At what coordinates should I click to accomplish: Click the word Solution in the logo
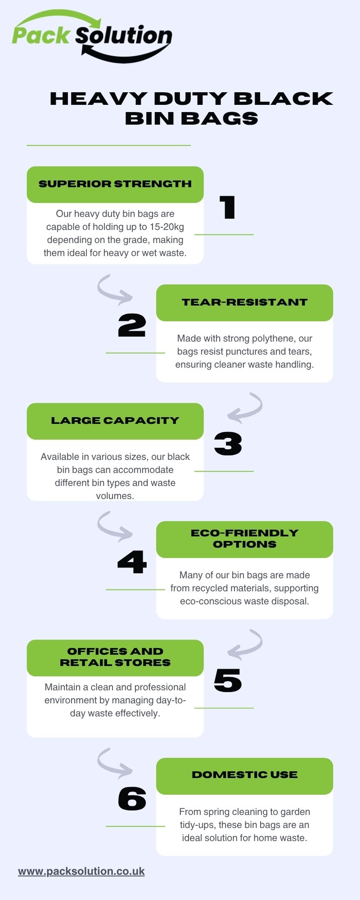click(x=124, y=36)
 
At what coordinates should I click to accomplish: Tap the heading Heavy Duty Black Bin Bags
click(x=191, y=108)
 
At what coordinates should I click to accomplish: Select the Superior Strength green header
click(x=115, y=184)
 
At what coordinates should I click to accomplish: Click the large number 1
click(x=228, y=207)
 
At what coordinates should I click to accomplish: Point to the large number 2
click(x=132, y=325)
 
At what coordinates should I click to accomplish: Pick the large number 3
click(x=228, y=444)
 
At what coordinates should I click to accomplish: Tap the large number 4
click(x=132, y=562)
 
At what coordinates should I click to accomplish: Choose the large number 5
click(x=228, y=680)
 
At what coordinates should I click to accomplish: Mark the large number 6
click(x=132, y=799)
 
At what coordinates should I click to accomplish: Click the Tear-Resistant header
click(x=244, y=302)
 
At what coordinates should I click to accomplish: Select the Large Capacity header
click(x=115, y=421)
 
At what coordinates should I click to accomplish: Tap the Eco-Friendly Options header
click(x=244, y=539)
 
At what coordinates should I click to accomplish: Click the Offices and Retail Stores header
click(x=115, y=657)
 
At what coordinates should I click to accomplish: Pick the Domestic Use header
click(x=244, y=775)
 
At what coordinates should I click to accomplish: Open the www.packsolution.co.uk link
click(x=81, y=871)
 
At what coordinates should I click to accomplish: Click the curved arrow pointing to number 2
click(x=114, y=288)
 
